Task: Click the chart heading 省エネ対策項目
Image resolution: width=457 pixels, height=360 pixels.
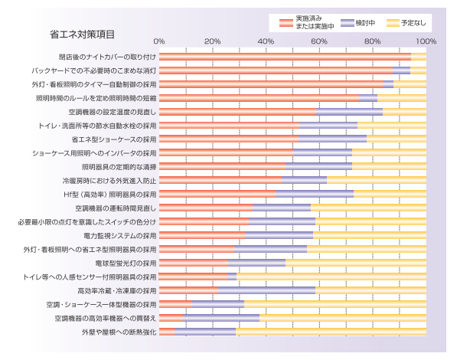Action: [x=82, y=34]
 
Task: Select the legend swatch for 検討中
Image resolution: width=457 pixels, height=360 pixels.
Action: [x=347, y=23]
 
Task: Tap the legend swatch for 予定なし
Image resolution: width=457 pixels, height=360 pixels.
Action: [x=393, y=23]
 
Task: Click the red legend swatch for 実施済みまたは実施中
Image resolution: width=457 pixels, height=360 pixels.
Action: [x=286, y=23]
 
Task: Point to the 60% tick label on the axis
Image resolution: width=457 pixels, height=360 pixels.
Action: [x=319, y=41]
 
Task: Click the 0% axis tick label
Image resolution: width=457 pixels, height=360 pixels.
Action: [x=159, y=41]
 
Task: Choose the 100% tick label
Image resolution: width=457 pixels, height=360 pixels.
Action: [x=426, y=41]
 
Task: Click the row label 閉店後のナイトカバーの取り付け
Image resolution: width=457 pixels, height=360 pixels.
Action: [x=107, y=57]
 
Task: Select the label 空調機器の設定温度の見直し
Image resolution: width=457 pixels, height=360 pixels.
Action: [x=113, y=112]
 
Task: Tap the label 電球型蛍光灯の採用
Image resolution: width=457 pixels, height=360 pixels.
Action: [x=126, y=263]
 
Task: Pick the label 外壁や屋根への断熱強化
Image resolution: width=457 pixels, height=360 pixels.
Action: [x=119, y=332]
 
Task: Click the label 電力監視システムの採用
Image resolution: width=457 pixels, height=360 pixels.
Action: [x=119, y=236]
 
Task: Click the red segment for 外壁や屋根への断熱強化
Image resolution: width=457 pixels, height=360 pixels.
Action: [x=167, y=332]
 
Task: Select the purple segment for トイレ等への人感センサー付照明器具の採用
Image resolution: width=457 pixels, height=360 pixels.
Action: [x=232, y=277]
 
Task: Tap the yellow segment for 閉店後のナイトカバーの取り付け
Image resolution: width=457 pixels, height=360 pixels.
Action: [x=419, y=57]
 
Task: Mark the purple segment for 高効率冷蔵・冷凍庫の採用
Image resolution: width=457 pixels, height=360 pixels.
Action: [x=266, y=290]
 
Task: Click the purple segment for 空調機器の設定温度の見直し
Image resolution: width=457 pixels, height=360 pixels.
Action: [x=350, y=112]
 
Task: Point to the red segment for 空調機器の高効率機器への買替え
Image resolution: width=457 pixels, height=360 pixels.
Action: [x=171, y=318]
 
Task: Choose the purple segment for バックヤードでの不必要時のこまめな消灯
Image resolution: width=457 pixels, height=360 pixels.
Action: [x=401, y=70]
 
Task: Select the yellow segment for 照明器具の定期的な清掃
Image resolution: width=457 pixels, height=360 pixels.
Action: [x=389, y=166]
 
